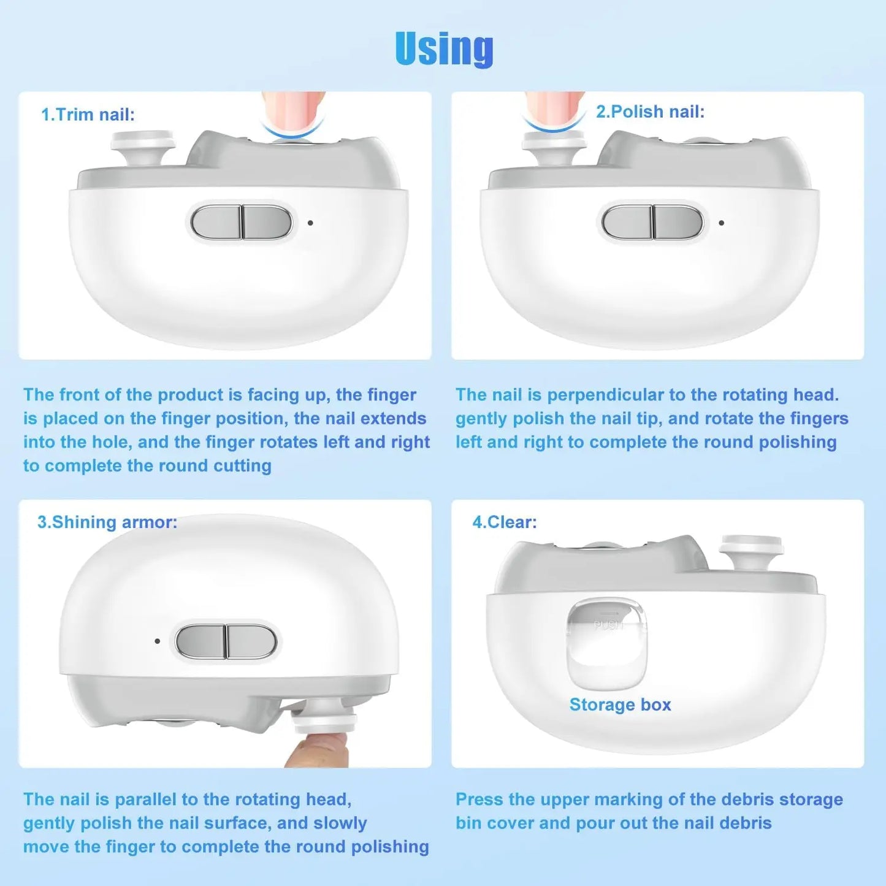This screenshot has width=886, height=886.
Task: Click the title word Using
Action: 444,48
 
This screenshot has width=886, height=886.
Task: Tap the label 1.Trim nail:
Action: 88,115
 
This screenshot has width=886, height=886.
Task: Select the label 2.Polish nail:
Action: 650,112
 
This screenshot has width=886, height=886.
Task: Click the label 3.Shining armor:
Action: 107,522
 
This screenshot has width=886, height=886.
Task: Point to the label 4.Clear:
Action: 504,522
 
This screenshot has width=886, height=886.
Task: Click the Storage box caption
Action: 620,705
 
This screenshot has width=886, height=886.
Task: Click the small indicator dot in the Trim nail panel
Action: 310,223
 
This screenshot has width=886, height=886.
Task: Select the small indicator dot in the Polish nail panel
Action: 721,223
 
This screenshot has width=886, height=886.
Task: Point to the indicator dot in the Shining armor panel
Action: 158,641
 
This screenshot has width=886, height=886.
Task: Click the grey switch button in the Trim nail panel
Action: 241,222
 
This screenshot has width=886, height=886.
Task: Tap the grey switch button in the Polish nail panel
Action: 652,222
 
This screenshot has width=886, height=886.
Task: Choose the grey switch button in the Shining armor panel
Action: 226,641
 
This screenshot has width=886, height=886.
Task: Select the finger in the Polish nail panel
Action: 554,107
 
